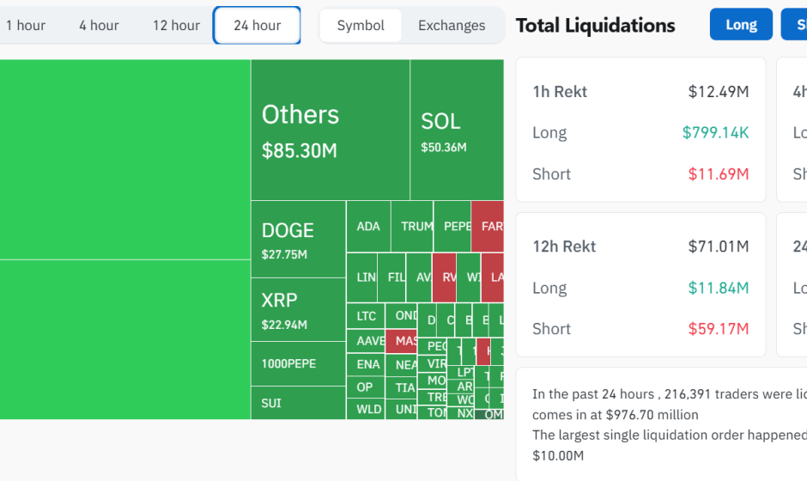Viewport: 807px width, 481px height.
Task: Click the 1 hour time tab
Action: [x=25, y=25]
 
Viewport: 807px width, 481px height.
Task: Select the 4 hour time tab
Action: [x=99, y=25]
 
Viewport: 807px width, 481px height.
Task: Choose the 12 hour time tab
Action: [x=176, y=25]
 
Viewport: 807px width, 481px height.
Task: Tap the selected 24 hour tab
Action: [x=257, y=25]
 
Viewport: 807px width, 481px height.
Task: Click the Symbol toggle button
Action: [x=361, y=25]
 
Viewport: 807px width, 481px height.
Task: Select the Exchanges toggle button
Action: [x=452, y=25]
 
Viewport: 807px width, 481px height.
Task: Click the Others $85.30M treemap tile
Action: [x=330, y=130]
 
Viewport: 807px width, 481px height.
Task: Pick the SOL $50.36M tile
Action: [x=456, y=130]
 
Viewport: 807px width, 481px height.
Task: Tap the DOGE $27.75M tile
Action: [x=298, y=240]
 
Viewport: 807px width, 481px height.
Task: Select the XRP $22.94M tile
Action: [x=298, y=310]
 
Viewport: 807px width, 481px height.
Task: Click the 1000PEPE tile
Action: [x=298, y=364]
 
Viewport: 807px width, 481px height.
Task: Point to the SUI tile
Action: [x=298, y=403]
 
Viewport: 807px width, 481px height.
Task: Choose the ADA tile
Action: [x=368, y=227]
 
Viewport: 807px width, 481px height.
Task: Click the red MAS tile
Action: [x=401, y=341]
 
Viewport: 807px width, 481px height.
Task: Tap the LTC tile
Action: [x=366, y=316]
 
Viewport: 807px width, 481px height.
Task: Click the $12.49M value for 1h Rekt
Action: [x=719, y=92]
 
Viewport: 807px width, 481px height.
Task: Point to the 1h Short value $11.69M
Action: [x=719, y=174]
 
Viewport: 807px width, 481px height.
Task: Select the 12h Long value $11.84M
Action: [x=719, y=288]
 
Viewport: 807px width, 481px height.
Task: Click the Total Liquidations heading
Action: [x=595, y=25]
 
